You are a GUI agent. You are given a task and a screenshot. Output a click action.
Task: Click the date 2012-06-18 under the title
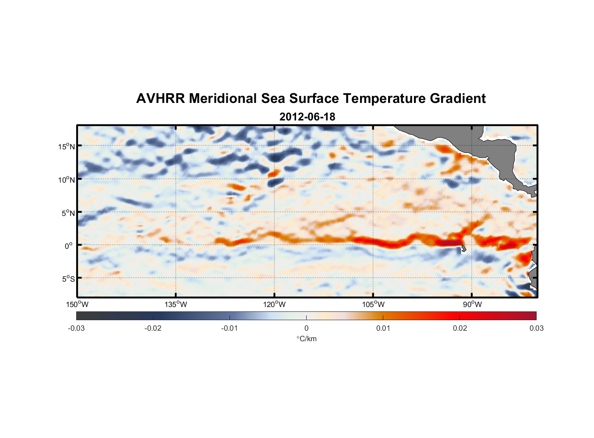pos(307,117)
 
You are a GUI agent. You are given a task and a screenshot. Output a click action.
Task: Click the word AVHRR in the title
pos(160,99)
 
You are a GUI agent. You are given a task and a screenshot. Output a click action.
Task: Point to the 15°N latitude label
pos(67,146)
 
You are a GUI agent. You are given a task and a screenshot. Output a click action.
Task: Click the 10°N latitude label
pos(67,180)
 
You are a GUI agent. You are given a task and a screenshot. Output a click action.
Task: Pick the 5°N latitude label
pos(68,213)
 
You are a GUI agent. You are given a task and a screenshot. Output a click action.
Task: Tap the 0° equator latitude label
pos(69,246)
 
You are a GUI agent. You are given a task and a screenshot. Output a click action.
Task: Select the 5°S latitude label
pos(68,279)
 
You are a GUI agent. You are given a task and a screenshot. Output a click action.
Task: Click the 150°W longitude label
pos(77,304)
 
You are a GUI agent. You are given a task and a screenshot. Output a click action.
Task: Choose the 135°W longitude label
pos(176,304)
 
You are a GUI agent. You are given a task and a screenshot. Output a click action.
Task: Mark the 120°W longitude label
pos(274,304)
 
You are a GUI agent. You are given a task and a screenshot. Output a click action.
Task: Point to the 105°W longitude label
pos(373,304)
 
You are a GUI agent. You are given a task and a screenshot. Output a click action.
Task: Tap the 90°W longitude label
pos(472,304)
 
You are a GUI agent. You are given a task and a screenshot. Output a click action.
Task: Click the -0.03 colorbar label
pos(76,328)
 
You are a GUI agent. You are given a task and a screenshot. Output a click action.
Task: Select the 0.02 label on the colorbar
pos(460,328)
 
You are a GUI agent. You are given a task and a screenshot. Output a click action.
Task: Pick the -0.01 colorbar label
pos(230,328)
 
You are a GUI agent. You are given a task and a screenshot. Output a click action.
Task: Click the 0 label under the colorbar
pos(306,328)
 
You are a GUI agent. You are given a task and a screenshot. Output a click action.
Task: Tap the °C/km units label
pos(306,339)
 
